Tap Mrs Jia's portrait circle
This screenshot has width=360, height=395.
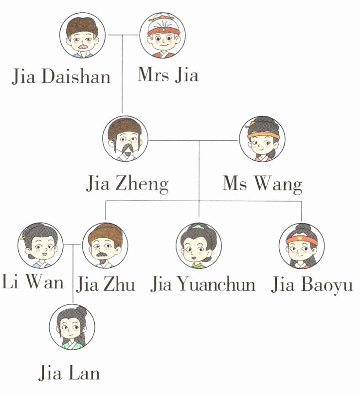pyautogui.click(x=162, y=35)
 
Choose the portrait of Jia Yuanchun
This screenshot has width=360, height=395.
pyautogui.click(x=198, y=245)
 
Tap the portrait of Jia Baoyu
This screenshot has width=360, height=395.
pyautogui.click(x=302, y=245)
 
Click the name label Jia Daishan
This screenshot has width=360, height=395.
pyautogui.click(x=61, y=76)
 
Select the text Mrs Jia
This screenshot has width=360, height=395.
pyautogui.click(x=168, y=75)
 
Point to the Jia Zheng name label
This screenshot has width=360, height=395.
pyautogui.click(x=127, y=184)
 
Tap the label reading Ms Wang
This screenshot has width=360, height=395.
pyautogui.click(x=263, y=184)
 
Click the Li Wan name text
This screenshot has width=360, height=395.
pyautogui.click(x=33, y=283)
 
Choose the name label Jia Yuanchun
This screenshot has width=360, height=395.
pyautogui.click(x=203, y=284)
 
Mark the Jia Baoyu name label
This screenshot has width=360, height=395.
pyautogui.click(x=312, y=284)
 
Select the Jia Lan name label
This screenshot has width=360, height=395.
pyautogui.click(x=69, y=373)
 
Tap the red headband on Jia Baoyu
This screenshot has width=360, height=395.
pyautogui.click(x=302, y=240)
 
